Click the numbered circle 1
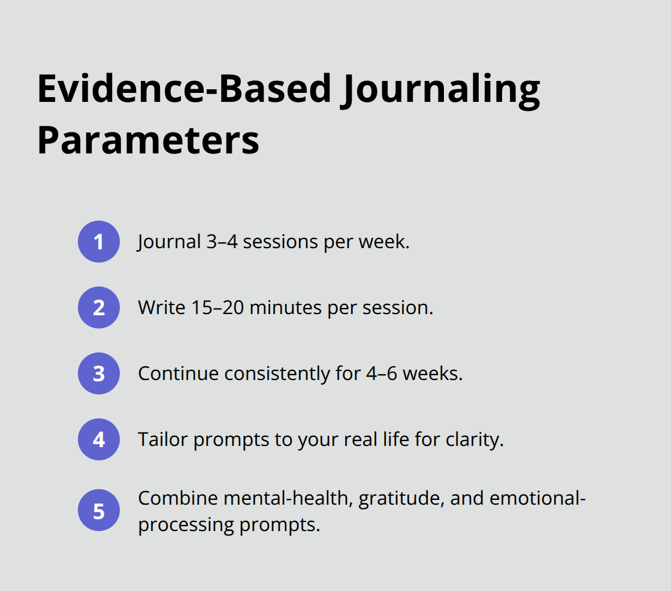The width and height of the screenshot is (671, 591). click(99, 242)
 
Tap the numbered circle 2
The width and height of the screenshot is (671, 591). click(99, 307)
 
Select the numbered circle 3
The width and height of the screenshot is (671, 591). click(99, 373)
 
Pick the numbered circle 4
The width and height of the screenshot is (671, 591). click(99, 439)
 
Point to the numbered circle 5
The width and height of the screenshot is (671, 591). click(99, 511)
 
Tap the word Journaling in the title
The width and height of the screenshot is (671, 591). click(440, 89)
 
